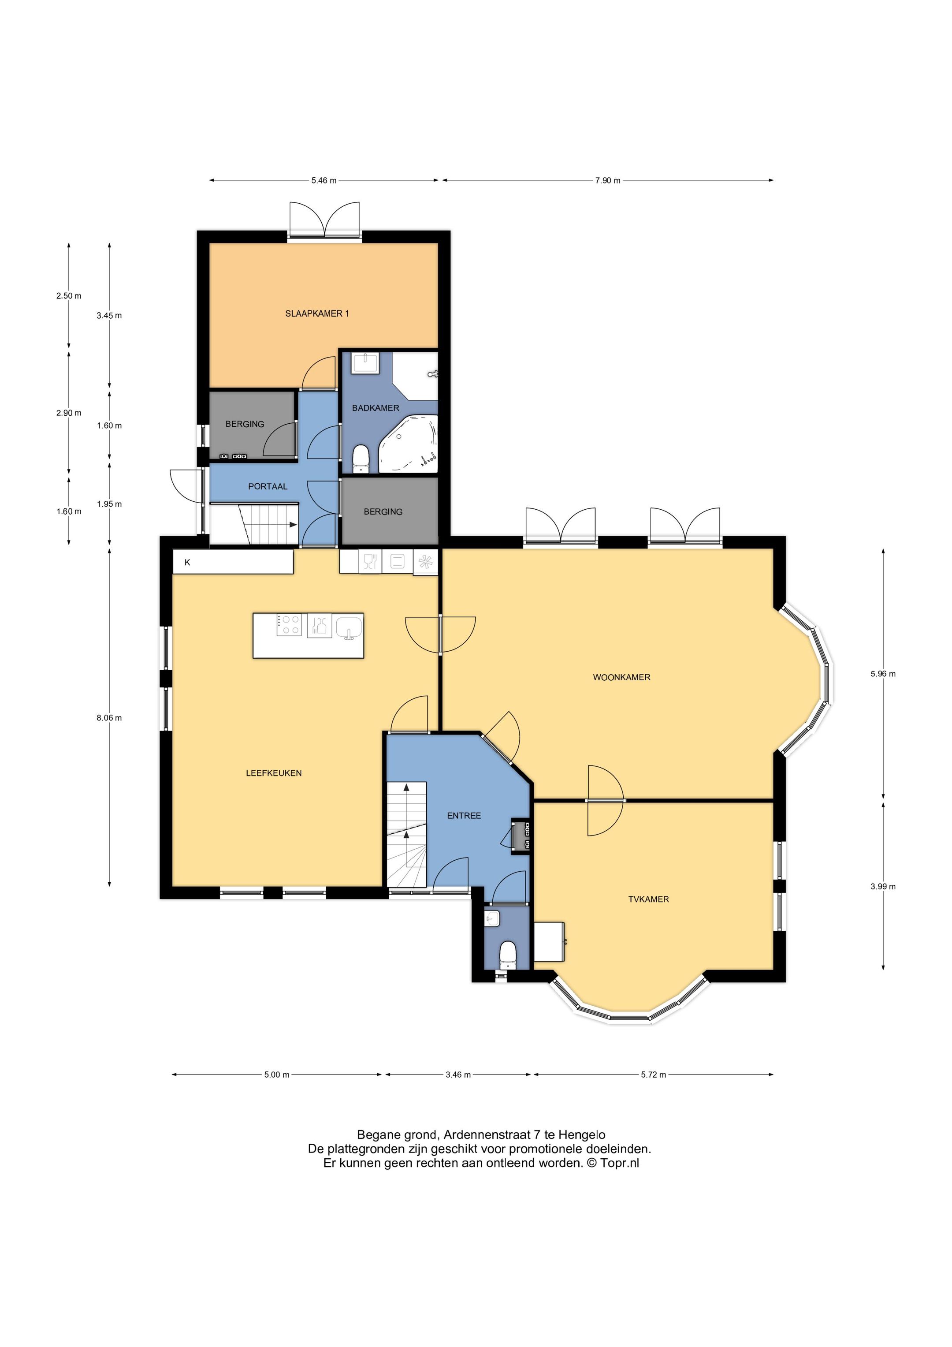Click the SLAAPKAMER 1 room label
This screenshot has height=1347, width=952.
point(317,313)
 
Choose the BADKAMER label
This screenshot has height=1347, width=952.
point(376,408)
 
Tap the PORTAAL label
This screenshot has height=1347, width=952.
point(268,486)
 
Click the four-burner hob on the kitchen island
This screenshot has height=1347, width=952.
point(289,624)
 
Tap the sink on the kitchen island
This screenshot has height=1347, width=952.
point(350,627)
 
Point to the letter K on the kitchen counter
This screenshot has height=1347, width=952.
point(188,562)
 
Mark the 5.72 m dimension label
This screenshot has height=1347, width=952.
point(654,1075)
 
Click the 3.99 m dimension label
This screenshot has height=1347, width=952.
point(883,886)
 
